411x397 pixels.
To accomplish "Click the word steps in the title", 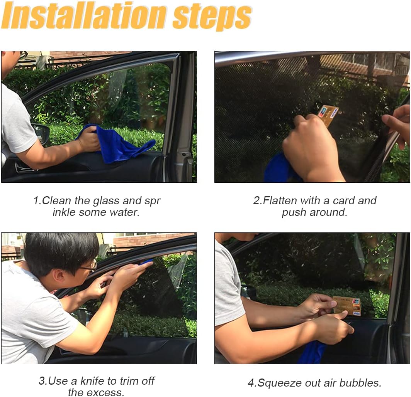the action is pos(212,17).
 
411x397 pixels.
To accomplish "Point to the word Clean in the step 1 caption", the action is pos(57,200).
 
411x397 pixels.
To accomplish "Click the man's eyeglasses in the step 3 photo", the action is pos(89,267).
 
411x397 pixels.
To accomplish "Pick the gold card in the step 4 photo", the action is pos(347,305).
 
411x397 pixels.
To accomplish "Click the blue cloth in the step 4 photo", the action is pos(312,352).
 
